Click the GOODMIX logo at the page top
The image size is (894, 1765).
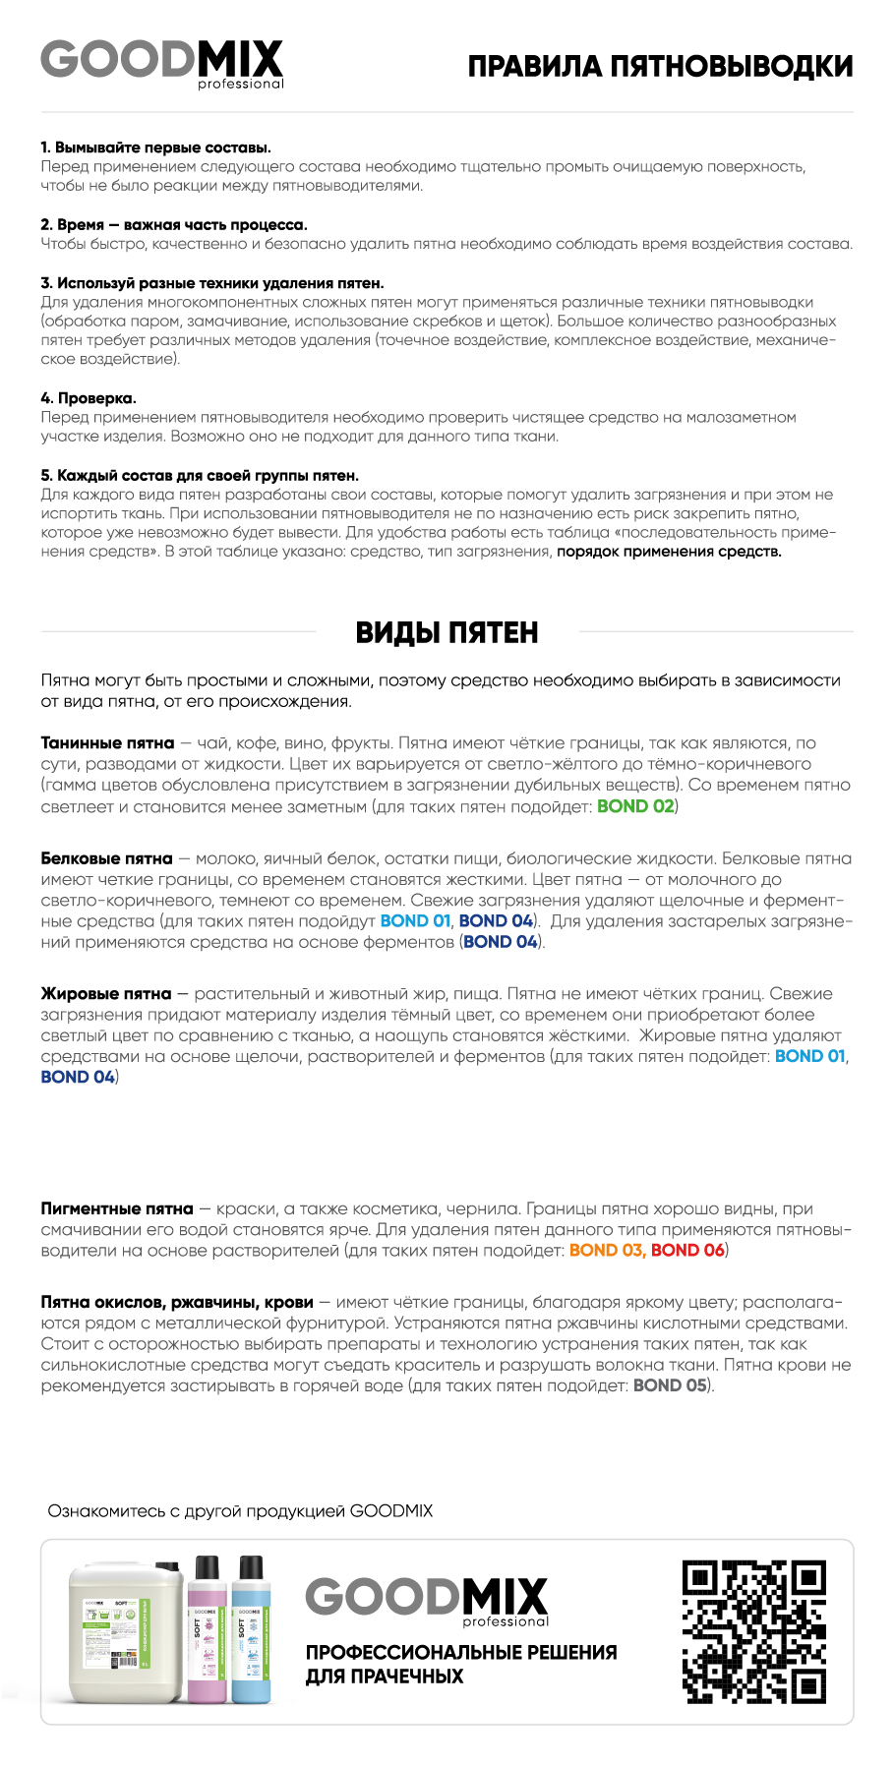coord(162,63)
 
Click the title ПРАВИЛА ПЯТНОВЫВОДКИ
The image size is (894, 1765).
coord(660,67)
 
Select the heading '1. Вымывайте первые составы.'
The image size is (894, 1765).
coord(155,147)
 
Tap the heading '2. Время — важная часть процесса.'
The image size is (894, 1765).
coord(174,225)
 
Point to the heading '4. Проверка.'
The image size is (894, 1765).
coord(89,398)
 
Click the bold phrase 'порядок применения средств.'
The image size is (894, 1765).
coord(669,552)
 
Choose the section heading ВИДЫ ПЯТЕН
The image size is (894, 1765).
coord(447,632)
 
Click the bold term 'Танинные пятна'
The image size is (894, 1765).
coord(107,743)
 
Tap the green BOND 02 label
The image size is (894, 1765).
coord(635,806)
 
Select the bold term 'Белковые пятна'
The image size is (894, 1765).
coord(106,858)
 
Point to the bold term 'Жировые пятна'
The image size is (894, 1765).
coord(106,994)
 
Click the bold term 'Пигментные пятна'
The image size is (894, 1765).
coord(117,1208)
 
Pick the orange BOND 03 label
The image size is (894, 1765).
coord(606,1251)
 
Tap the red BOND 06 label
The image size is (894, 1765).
coord(687,1251)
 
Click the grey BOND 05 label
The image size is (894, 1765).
coord(670,1385)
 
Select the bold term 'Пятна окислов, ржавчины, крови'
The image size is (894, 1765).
coord(177,1302)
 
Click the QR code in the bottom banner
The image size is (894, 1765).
coord(753,1631)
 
